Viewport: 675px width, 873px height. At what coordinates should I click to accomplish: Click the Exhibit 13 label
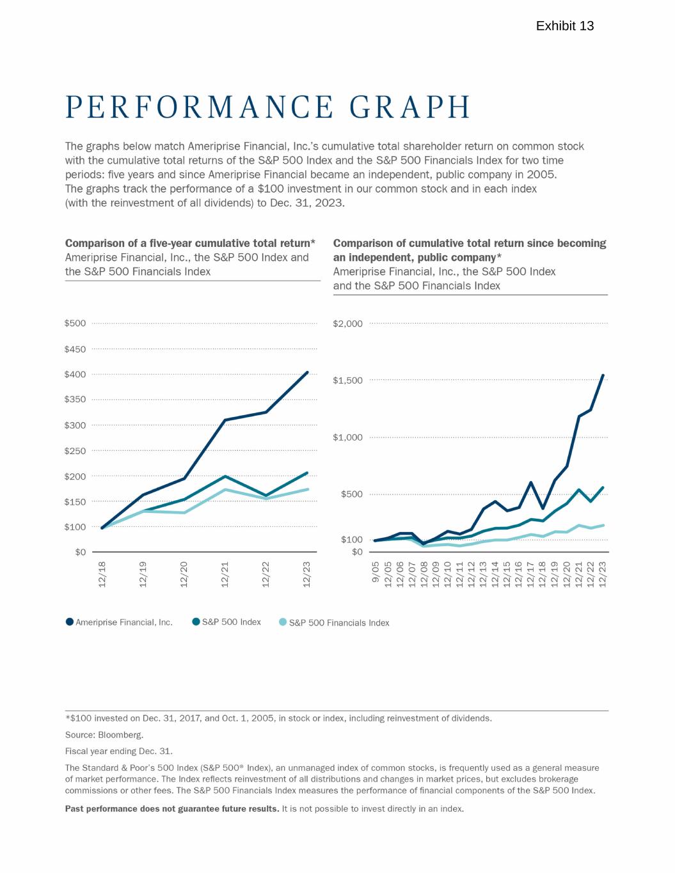(x=564, y=26)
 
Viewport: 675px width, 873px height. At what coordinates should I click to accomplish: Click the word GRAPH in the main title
(x=411, y=107)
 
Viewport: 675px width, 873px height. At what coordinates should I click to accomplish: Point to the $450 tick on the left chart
(x=75, y=349)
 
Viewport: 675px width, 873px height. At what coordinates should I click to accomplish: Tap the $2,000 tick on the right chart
(x=348, y=324)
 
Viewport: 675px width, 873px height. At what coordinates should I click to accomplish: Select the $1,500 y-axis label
(x=348, y=381)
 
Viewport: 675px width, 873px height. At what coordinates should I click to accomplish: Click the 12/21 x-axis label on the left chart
(x=225, y=574)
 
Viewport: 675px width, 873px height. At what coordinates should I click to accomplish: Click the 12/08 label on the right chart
(x=423, y=574)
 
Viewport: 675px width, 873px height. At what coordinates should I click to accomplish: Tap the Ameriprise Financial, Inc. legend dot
(x=70, y=622)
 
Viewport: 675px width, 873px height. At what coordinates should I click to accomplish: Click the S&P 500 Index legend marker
(x=196, y=622)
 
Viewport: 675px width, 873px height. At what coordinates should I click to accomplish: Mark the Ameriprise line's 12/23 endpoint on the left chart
(x=307, y=372)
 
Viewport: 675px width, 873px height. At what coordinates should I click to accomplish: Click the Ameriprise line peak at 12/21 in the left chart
(x=225, y=420)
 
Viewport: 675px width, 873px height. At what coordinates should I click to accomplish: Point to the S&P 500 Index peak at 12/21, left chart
(x=225, y=476)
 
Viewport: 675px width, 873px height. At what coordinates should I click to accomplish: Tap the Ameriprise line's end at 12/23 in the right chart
(x=603, y=375)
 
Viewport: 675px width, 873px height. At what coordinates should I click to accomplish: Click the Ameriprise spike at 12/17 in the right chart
(x=530, y=482)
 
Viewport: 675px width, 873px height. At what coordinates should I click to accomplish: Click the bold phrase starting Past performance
(x=172, y=809)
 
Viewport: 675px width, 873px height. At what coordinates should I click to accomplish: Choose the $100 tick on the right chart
(x=352, y=540)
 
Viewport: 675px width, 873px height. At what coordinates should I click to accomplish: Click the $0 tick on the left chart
(x=80, y=552)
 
